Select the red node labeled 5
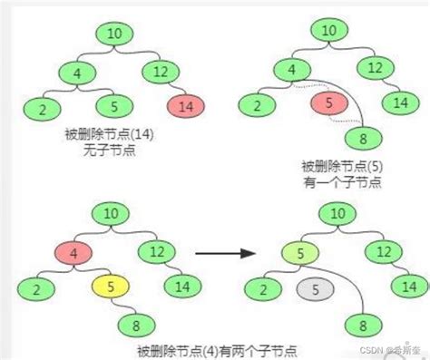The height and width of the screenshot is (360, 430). [327, 103]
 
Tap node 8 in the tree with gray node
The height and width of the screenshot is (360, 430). [364, 324]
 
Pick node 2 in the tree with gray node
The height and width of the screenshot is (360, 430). [263, 289]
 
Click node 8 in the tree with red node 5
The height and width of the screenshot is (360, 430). [363, 140]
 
